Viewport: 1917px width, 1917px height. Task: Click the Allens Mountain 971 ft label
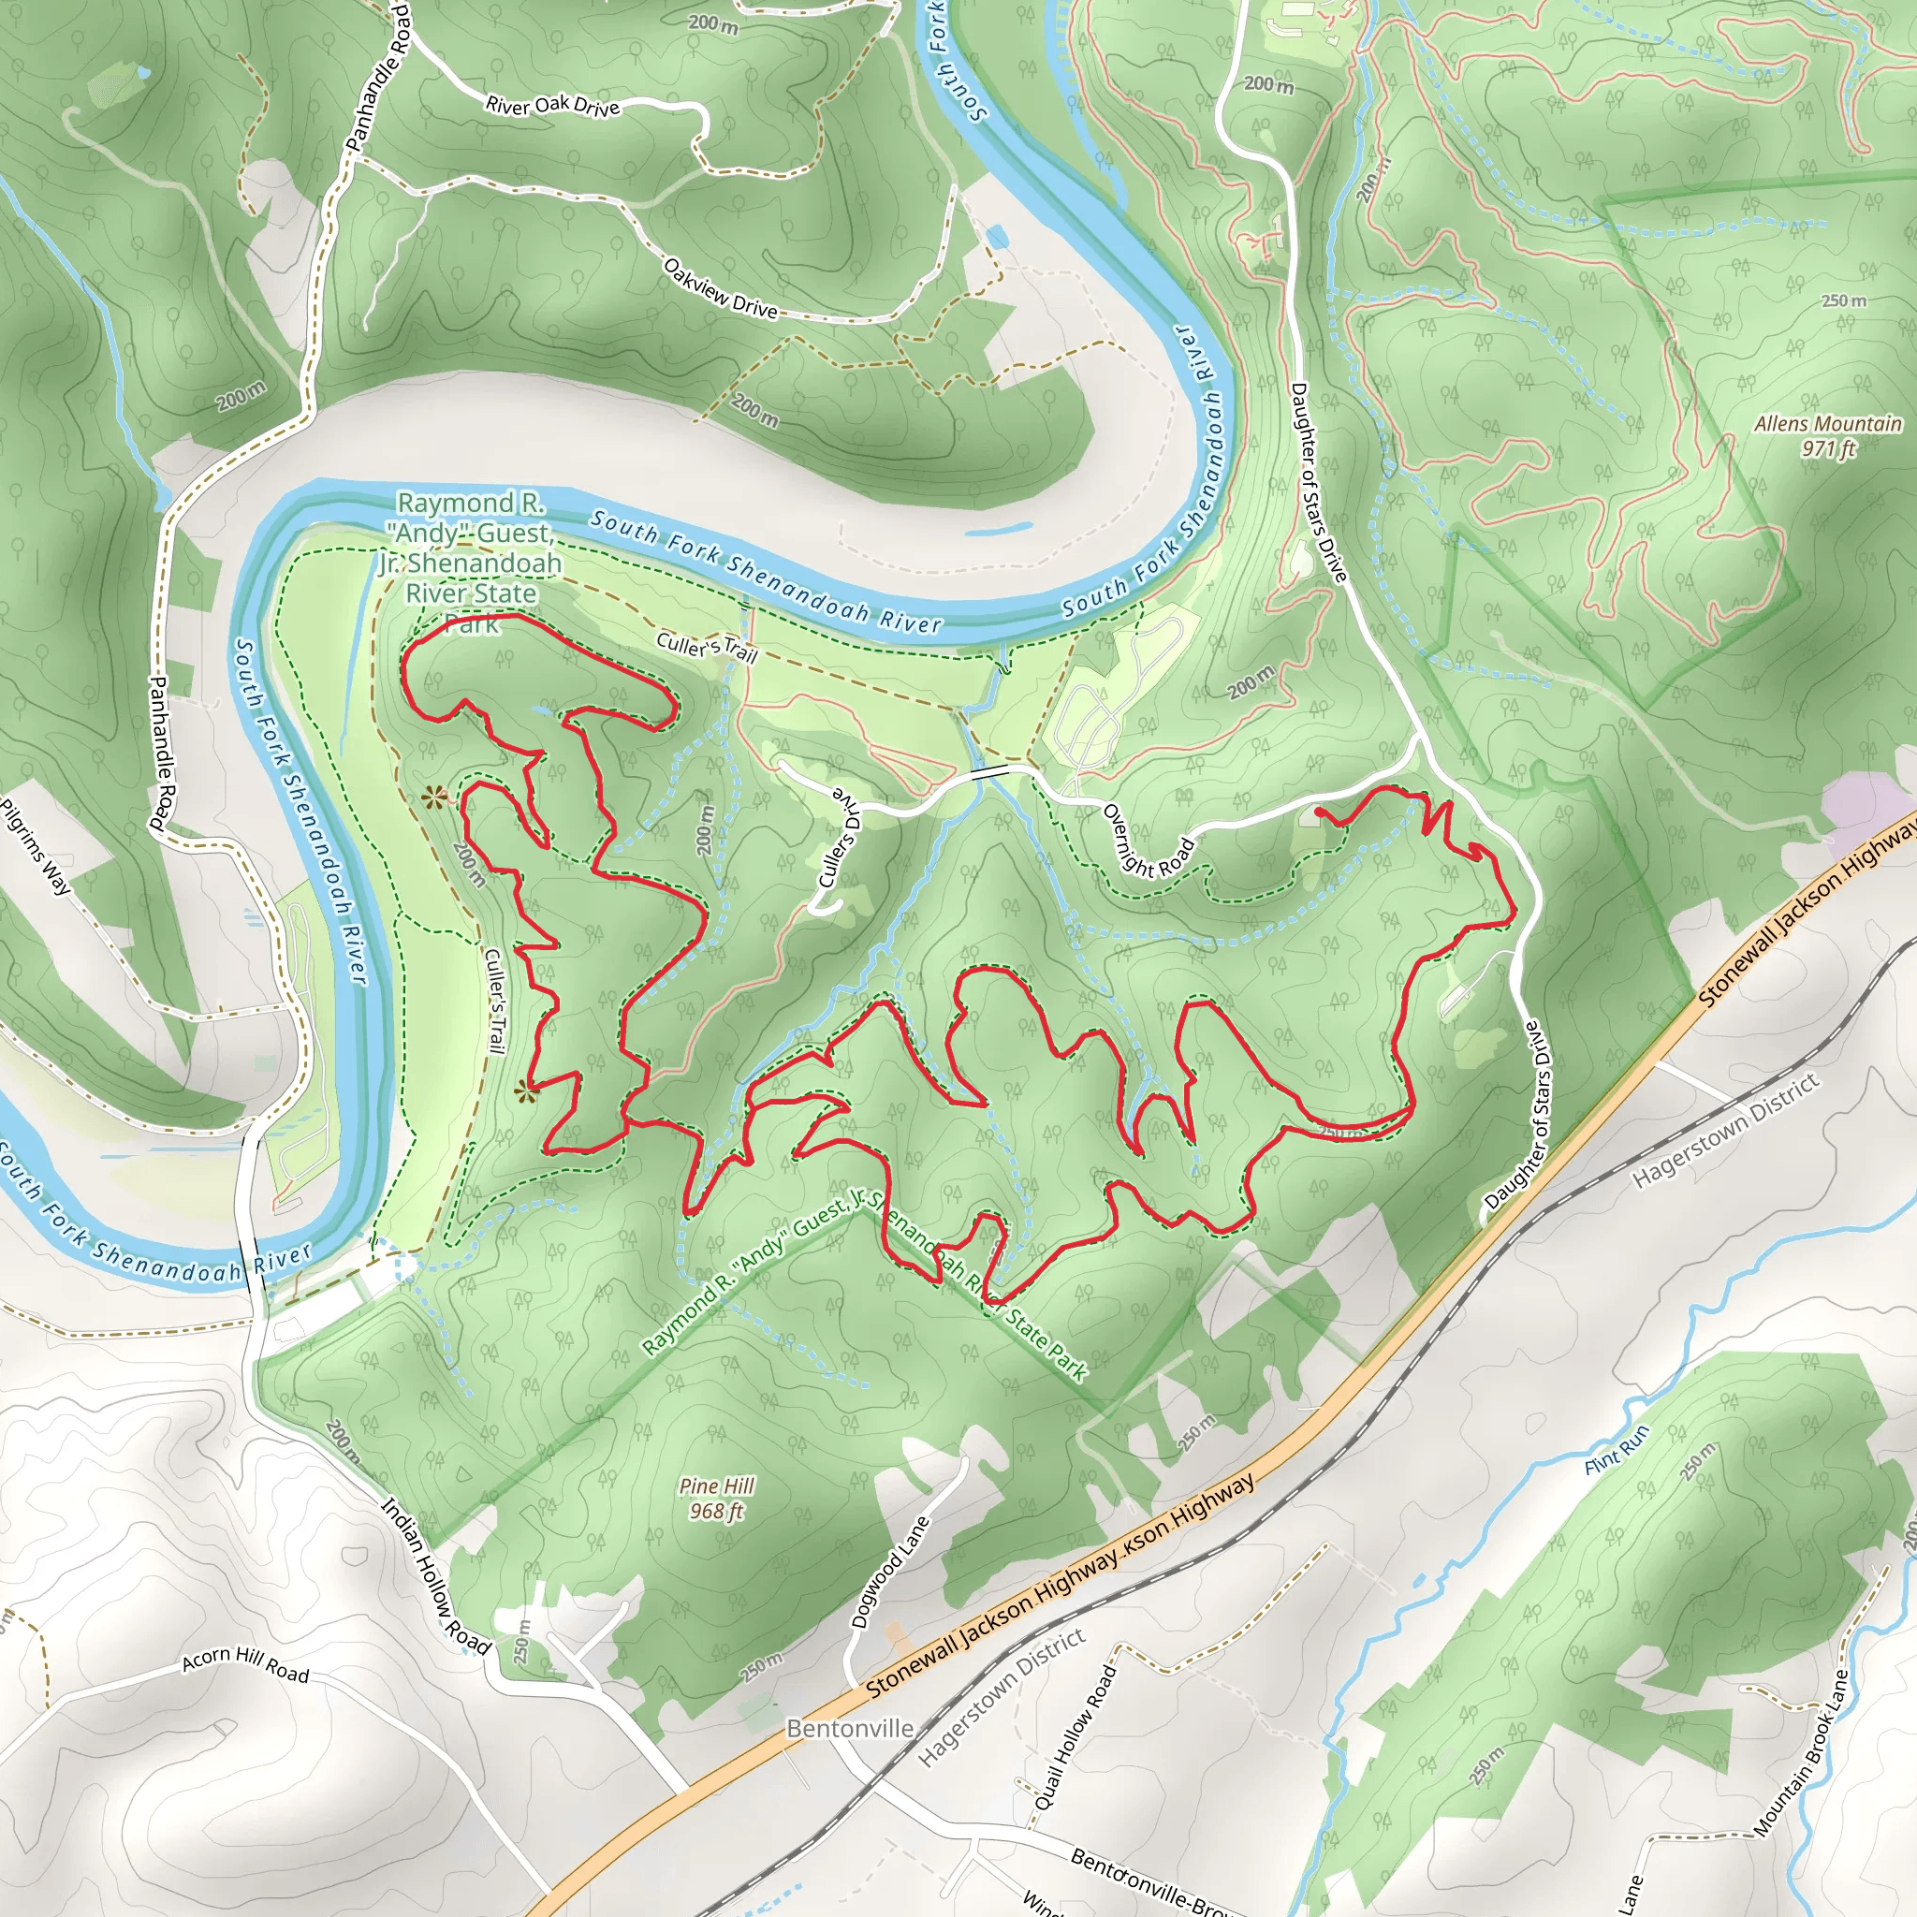coord(1828,435)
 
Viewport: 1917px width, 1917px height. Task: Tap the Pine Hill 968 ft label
coord(716,1499)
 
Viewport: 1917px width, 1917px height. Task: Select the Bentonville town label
coord(849,1728)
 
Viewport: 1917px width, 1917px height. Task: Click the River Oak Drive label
coord(552,105)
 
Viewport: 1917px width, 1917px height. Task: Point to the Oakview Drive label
coord(721,287)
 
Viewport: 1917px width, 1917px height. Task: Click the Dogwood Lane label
coord(890,1572)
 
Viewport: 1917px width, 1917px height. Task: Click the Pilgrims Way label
coord(37,846)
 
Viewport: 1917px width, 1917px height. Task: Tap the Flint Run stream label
coord(1617,1450)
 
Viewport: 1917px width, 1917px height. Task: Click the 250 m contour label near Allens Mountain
coord(1844,300)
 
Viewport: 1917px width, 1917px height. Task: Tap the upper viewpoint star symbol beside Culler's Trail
coord(433,797)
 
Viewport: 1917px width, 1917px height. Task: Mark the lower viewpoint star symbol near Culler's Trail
coord(526,1092)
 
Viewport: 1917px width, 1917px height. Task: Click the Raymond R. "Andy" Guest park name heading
coord(472,562)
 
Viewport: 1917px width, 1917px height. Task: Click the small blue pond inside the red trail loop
coord(545,710)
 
